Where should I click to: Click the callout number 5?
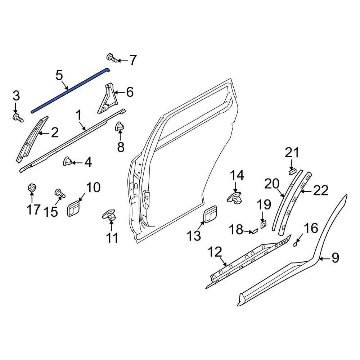[x=59, y=76]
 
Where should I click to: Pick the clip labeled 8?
[x=119, y=127]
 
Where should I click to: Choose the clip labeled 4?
[x=67, y=162]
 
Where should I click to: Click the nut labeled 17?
[x=32, y=188]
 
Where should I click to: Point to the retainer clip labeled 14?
[x=235, y=198]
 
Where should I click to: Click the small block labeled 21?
[x=292, y=171]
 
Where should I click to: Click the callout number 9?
[x=335, y=258]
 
